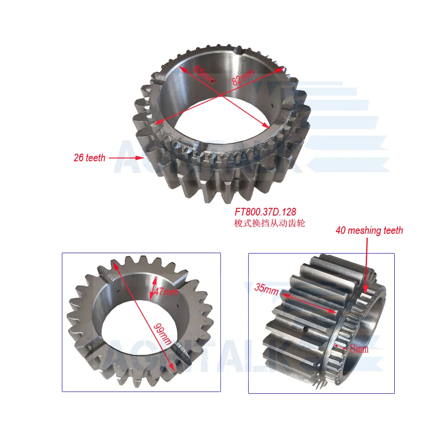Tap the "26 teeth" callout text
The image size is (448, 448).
(x=90, y=158)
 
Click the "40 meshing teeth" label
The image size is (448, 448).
(x=369, y=231)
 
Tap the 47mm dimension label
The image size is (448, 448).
(x=166, y=292)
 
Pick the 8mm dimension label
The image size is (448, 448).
(x=359, y=349)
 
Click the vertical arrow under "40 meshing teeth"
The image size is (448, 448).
(x=367, y=264)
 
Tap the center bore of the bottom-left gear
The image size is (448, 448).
(x=134, y=323)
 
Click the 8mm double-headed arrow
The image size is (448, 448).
(x=342, y=347)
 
